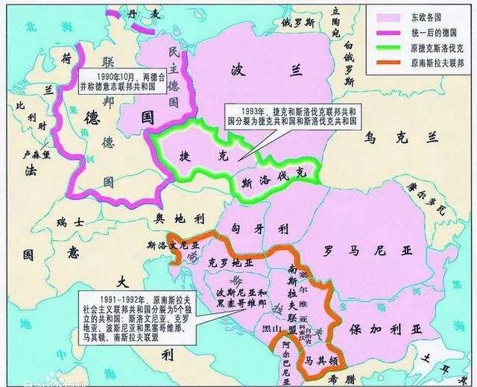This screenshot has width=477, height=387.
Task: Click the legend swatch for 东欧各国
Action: pos(386,16)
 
